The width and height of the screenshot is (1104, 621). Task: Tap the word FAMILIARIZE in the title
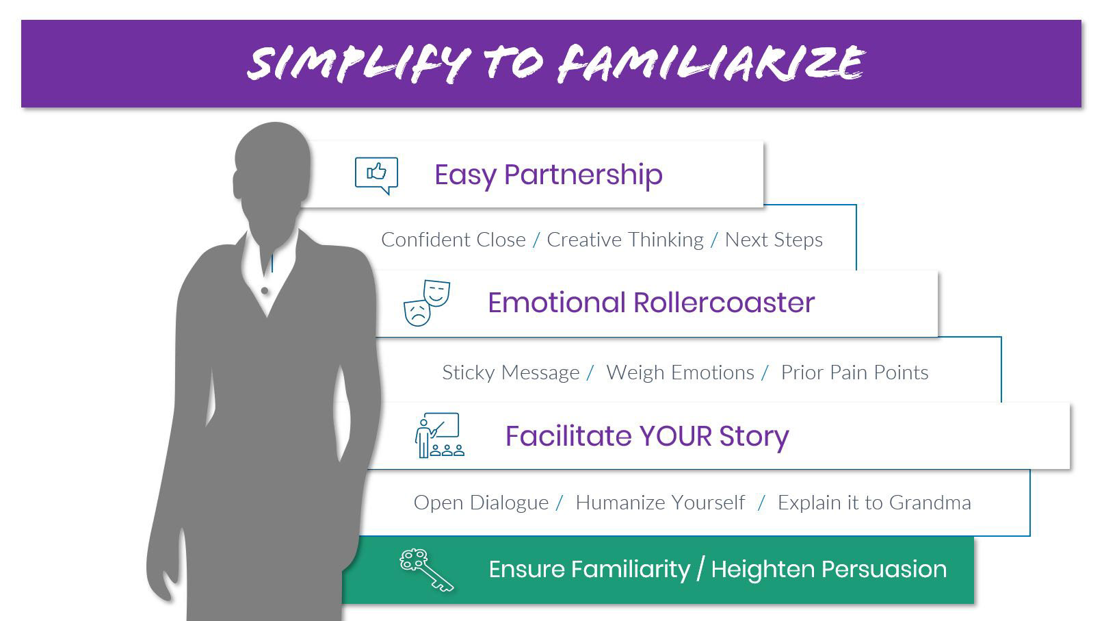tap(711, 62)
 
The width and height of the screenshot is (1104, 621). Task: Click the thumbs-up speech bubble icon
tap(376, 175)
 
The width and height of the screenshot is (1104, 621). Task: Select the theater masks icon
tap(427, 303)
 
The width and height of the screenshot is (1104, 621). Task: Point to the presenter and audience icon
tap(439, 435)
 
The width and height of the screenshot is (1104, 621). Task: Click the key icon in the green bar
tap(426, 570)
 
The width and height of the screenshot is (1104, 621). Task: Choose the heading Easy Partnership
tap(548, 175)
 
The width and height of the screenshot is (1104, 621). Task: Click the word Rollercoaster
tap(724, 303)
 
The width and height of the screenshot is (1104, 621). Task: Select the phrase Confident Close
tap(454, 240)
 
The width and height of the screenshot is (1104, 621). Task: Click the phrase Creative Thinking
tap(625, 240)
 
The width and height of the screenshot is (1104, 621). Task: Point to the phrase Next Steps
tap(774, 240)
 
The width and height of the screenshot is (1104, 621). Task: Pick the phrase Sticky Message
tap(510, 372)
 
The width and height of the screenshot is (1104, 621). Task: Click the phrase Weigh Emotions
tap(680, 372)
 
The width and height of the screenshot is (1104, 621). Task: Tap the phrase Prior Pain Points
tap(854, 372)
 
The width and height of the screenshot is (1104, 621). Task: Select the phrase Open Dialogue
tap(481, 503)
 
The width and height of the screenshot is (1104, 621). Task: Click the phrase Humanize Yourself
tap(661, 503)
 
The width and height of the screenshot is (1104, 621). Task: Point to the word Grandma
tap(930, 503)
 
